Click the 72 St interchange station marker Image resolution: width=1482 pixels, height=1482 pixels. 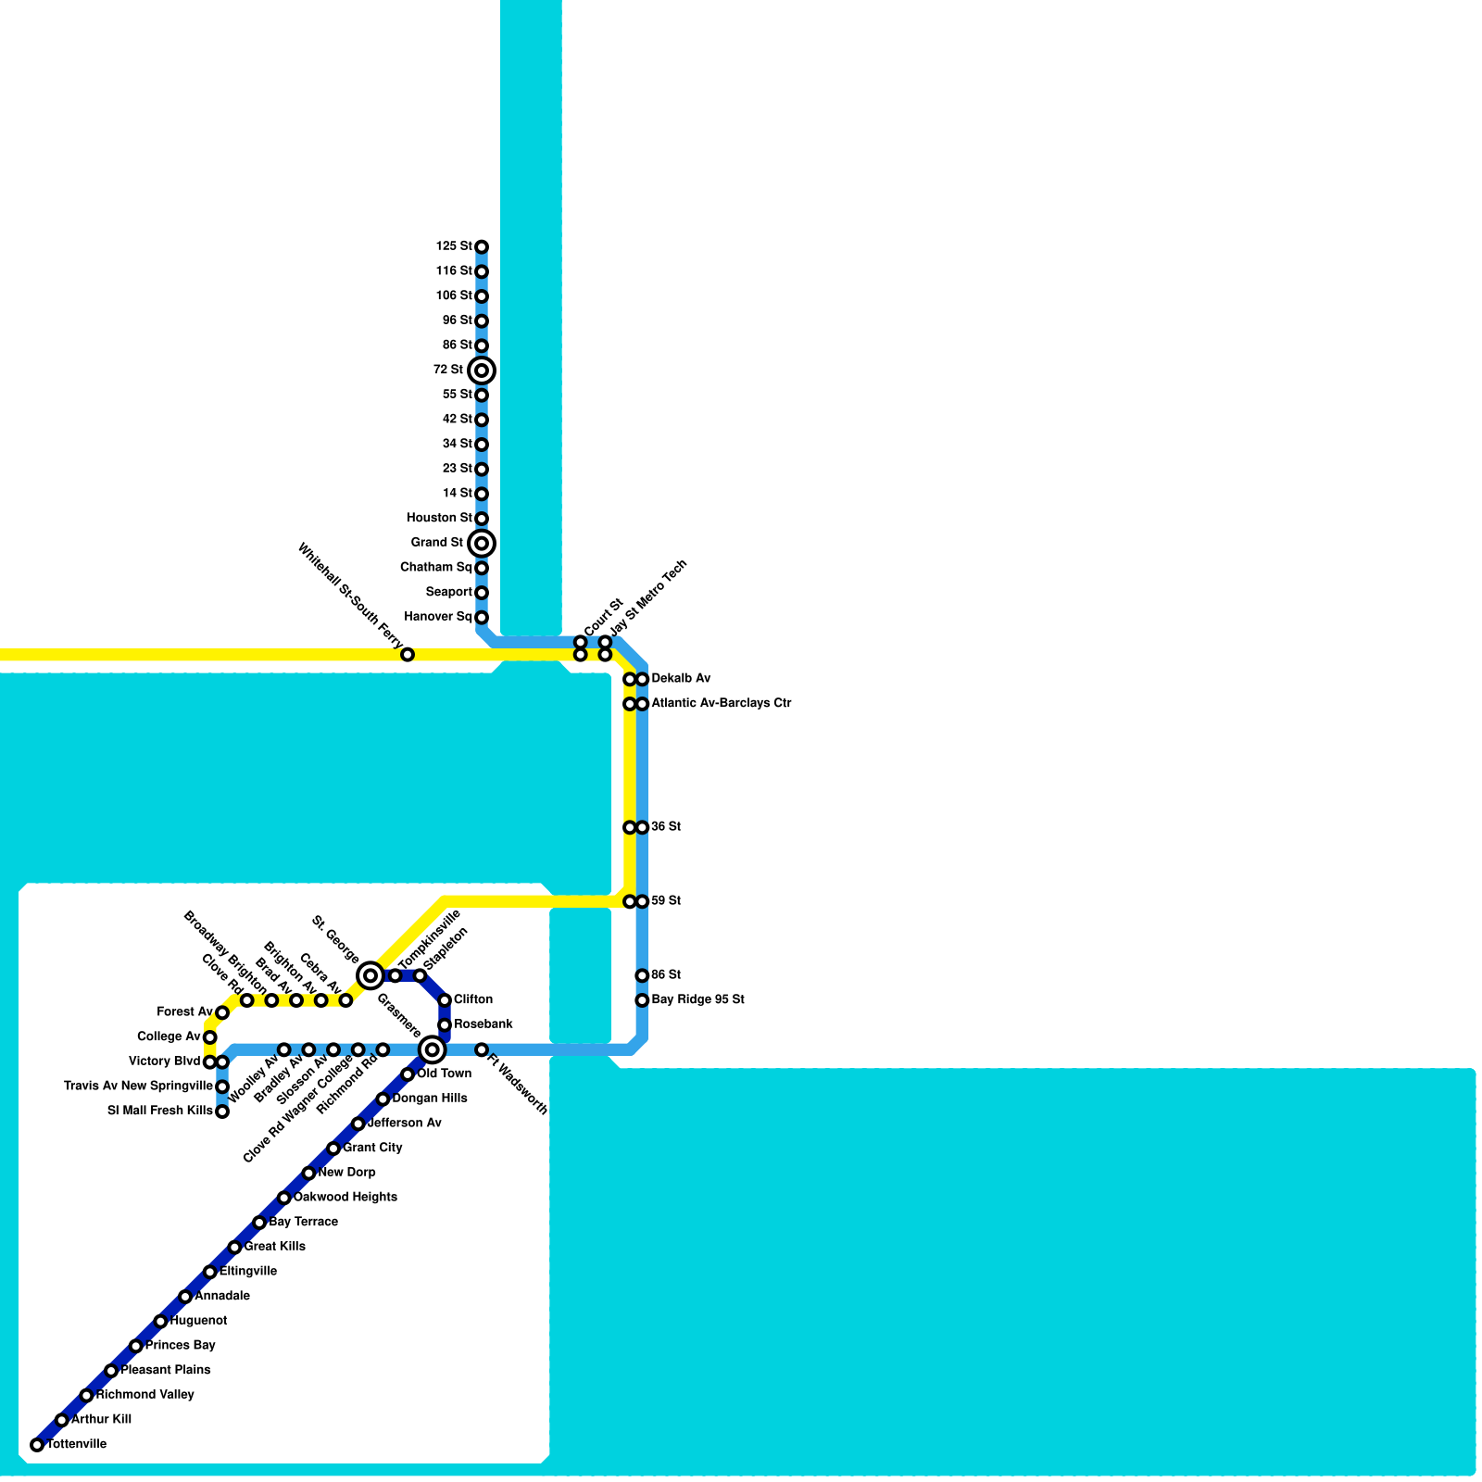482,370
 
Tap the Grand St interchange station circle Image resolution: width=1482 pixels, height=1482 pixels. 482,544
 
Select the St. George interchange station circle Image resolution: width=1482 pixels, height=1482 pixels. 370,974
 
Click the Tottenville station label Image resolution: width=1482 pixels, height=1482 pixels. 77,1444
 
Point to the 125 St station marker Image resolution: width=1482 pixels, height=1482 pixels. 482,247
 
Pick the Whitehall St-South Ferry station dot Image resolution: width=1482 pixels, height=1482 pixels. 408,655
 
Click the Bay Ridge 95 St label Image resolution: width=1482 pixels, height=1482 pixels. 697,1000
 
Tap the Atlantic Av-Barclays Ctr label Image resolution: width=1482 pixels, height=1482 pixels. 721,704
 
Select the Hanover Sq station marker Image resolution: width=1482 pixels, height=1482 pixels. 482,618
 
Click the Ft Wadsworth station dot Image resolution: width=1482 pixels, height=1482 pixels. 482,1049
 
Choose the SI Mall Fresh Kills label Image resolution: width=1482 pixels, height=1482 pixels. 160,1111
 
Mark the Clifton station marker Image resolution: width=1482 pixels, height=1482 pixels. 445,1000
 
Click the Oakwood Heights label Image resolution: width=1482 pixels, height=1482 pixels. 345,1198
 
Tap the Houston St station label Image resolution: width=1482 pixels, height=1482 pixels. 439,518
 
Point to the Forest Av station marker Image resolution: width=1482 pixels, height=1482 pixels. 222,1012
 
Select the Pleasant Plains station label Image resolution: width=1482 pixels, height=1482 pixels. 166,1370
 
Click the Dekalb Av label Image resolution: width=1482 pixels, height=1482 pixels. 681,679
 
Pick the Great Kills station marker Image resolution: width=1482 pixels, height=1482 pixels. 234,1248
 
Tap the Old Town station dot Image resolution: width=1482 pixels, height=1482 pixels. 408,1074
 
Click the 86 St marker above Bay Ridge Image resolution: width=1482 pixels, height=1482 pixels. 642,975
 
